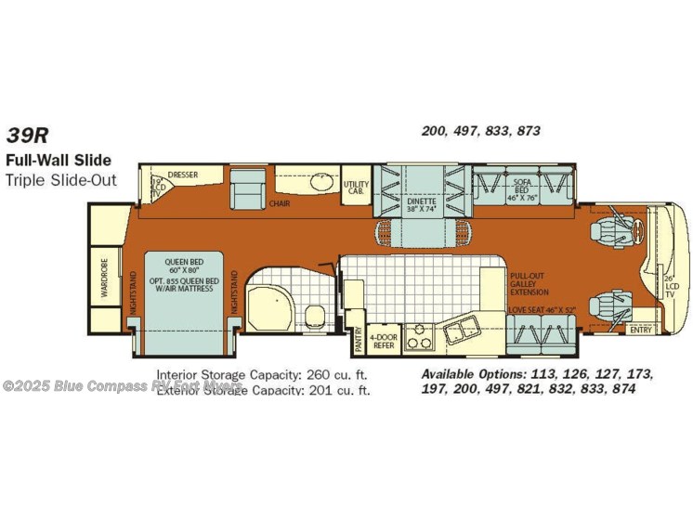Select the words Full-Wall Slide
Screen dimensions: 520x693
click(x=58, y=161)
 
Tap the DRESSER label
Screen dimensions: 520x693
click(x=185, y=175)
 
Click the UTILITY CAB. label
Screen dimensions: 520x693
click(x=356, y=186)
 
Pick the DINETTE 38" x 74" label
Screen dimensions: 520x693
click(x=422, y=204)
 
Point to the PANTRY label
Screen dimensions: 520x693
click(x=358, y=340)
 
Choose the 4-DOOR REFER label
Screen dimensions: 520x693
click(x=383, y=340)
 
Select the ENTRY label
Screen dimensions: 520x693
click(x=640, y=329)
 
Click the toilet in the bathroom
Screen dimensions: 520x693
click(x=315, y=315)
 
